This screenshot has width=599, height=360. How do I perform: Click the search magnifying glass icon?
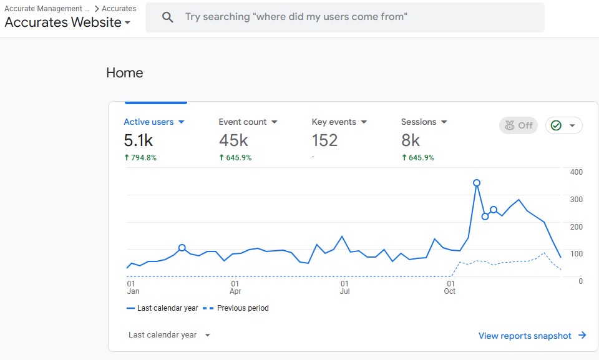coord(167,17)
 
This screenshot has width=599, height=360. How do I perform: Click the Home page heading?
coord(125,72)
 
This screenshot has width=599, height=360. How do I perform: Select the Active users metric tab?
coord(154,122)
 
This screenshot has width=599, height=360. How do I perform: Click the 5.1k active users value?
coord(139,140)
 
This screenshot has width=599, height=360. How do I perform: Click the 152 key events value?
coord(324,140)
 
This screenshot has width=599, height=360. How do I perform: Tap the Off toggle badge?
coord(519,125)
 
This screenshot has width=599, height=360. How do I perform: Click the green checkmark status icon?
coord(556,125)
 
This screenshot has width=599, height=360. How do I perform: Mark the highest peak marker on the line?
coord(476,183)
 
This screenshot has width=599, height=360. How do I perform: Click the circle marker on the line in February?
coord(182,248)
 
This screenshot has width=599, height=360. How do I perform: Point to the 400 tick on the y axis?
coord(576,172)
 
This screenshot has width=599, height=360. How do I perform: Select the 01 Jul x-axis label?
coord(344,288)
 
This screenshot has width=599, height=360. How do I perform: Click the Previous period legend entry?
coord(236,308)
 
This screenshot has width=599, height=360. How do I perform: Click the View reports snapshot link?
coord(532,336)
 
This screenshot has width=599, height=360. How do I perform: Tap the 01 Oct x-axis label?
coord(450,288)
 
